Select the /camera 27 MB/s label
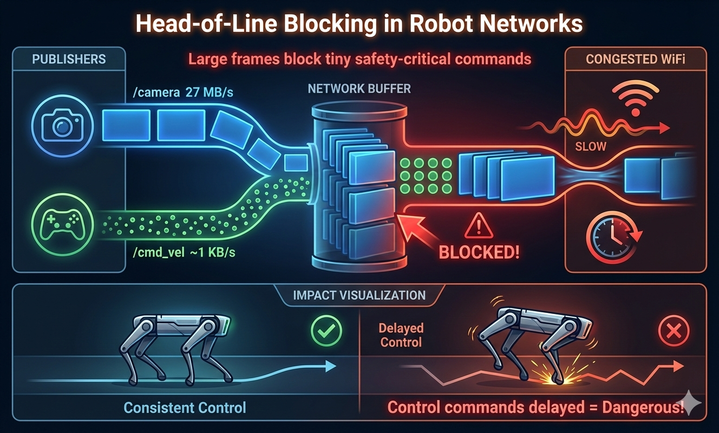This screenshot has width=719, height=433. coord(183,92)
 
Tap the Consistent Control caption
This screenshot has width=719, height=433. coord(185,407)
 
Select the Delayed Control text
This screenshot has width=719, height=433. coord(401,335)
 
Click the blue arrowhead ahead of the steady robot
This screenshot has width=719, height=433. coord(330,367)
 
